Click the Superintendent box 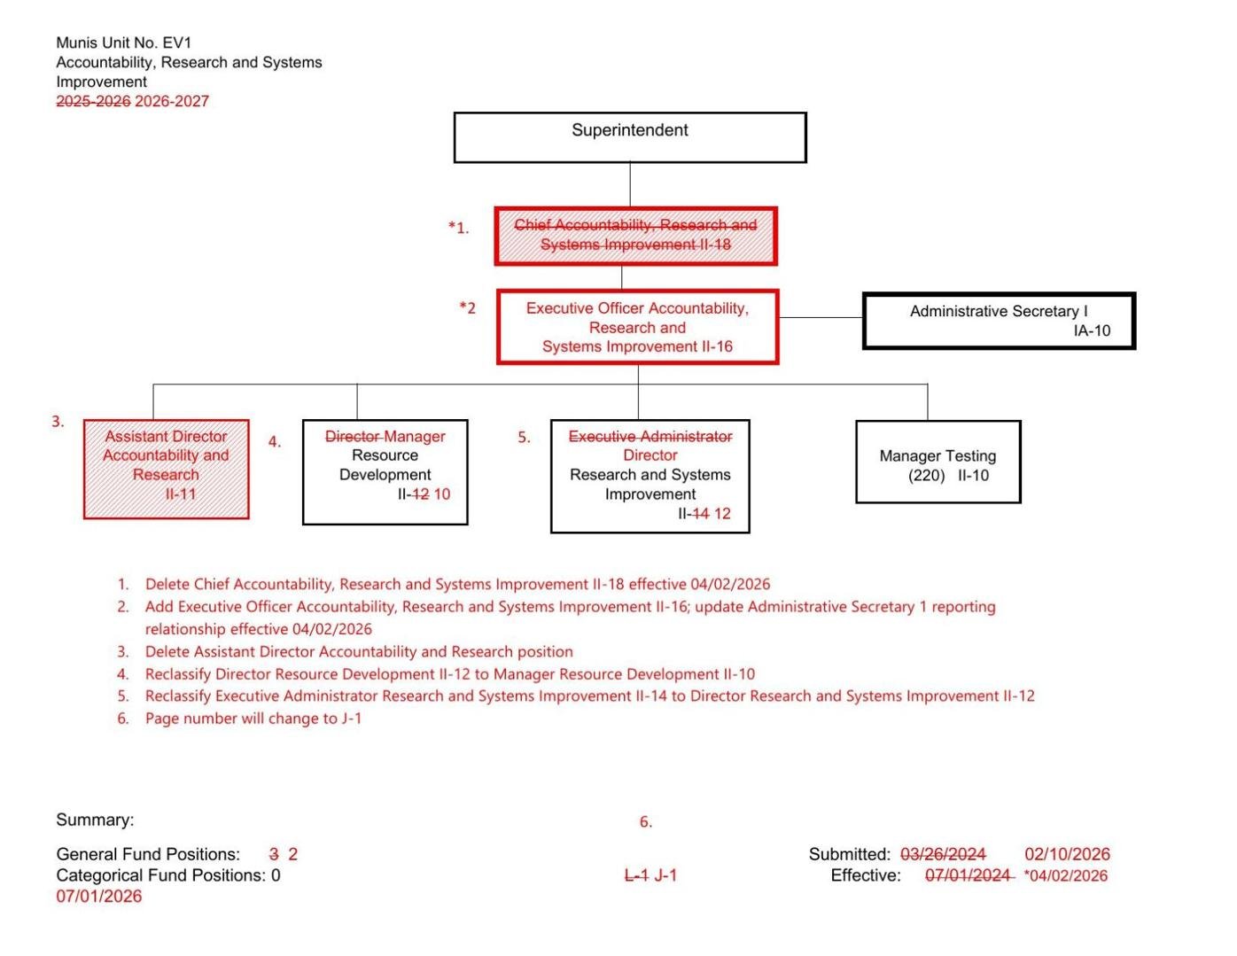point(629,137)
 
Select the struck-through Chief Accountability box point(635,236)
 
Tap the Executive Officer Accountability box point(637,327)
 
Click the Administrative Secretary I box point(999,320)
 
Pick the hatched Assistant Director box point(166,469)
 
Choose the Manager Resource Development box point(385,471)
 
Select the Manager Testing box point(937,462)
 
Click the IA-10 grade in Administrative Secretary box point(1091,330)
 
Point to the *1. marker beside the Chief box point(458,228)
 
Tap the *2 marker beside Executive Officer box point(467,308)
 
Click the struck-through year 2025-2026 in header point(93,101)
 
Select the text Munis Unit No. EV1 point(123,43)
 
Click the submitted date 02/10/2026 point(1067,854)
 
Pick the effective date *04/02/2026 point(1065,875)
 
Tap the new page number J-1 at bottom point(665,875)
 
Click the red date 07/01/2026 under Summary point(98,896)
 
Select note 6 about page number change point(253,719)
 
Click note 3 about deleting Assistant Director point(358,652)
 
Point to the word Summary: point(95,820)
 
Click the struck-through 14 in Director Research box point(700,514)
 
